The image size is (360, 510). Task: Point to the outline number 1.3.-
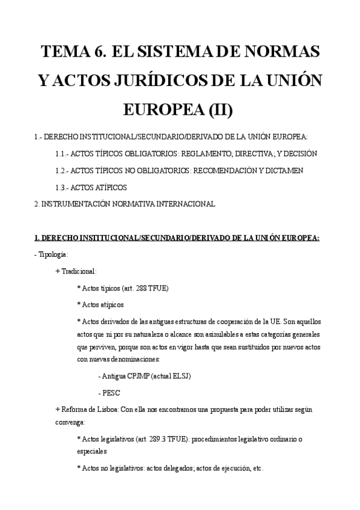point(63,188)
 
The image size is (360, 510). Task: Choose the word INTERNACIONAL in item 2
point(188,204)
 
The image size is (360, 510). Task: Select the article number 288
point(140,288)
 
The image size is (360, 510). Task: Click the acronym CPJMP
point(135,376)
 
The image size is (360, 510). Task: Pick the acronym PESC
point(111,393)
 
